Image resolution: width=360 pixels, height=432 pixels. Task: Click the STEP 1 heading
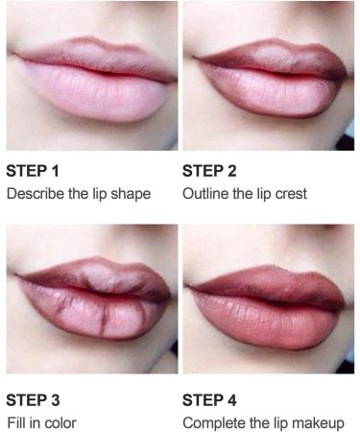coord(33,173)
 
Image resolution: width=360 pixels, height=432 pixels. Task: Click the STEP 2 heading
coord(208,173)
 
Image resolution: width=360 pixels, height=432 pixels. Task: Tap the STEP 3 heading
coord(33,399)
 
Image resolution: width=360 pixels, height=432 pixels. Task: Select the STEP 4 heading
coord(208,399)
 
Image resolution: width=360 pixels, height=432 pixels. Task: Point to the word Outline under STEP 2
coord(205,194)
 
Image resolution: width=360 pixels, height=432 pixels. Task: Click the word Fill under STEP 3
coord(15,421)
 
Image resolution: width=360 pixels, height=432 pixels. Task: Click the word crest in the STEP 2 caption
coord(288,194)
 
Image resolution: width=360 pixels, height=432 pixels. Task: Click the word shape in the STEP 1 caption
coord(132,194)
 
